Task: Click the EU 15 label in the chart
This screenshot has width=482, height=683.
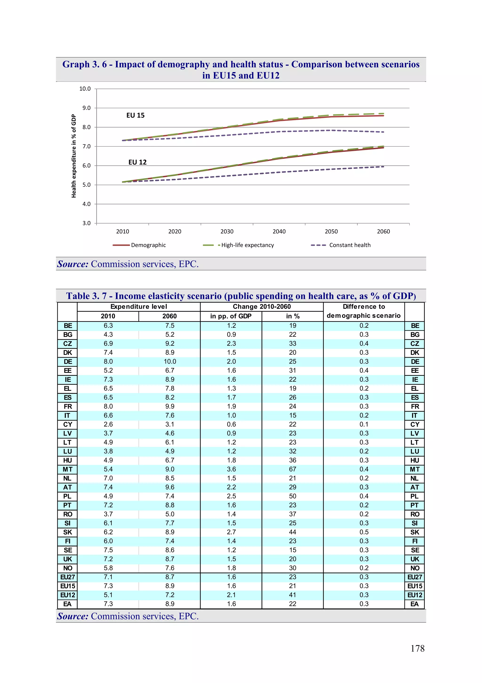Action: pyautogui.click(x=135, y=116)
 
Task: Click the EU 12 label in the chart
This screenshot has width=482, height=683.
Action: pyautogui.click(x=137, y=162)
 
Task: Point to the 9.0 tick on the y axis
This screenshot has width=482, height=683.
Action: pyautogui.click(x=86, y=108)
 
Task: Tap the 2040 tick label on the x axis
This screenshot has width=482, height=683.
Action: pyautogui.click(x=279, y=232)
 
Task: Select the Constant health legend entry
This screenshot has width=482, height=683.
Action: pyautogui.click(x=349, y=245)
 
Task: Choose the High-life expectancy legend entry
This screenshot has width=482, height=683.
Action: pyautogui.click(x=247, y=245)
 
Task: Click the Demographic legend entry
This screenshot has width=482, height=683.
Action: pyautogui.click(x=148, y=245)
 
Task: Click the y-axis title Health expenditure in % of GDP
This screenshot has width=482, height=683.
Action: pyautogui.click(x=74, y=156)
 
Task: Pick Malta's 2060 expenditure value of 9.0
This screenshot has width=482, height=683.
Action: pyautogui.click(x=170, y=469)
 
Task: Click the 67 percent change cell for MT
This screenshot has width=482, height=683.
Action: pyautogui.click(x=293, y=469)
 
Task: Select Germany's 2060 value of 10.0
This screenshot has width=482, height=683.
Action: pyautogui.click(x=170, y=361)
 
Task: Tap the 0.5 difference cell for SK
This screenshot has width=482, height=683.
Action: pyautogui.click(x=364, y=532)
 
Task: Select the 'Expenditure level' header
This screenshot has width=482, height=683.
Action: pyautogui.click(x=139, y=307)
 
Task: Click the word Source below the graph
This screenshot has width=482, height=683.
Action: pyautogui.click(x=73, y=264)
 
